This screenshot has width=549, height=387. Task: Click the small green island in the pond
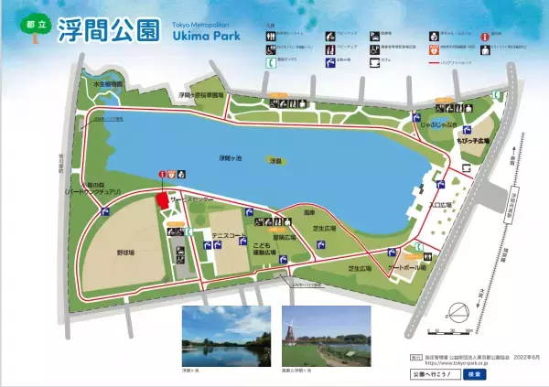(x=275, y=161)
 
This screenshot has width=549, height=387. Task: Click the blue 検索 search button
(x=474, y=374)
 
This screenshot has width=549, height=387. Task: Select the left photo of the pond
(x=225, y=335)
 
